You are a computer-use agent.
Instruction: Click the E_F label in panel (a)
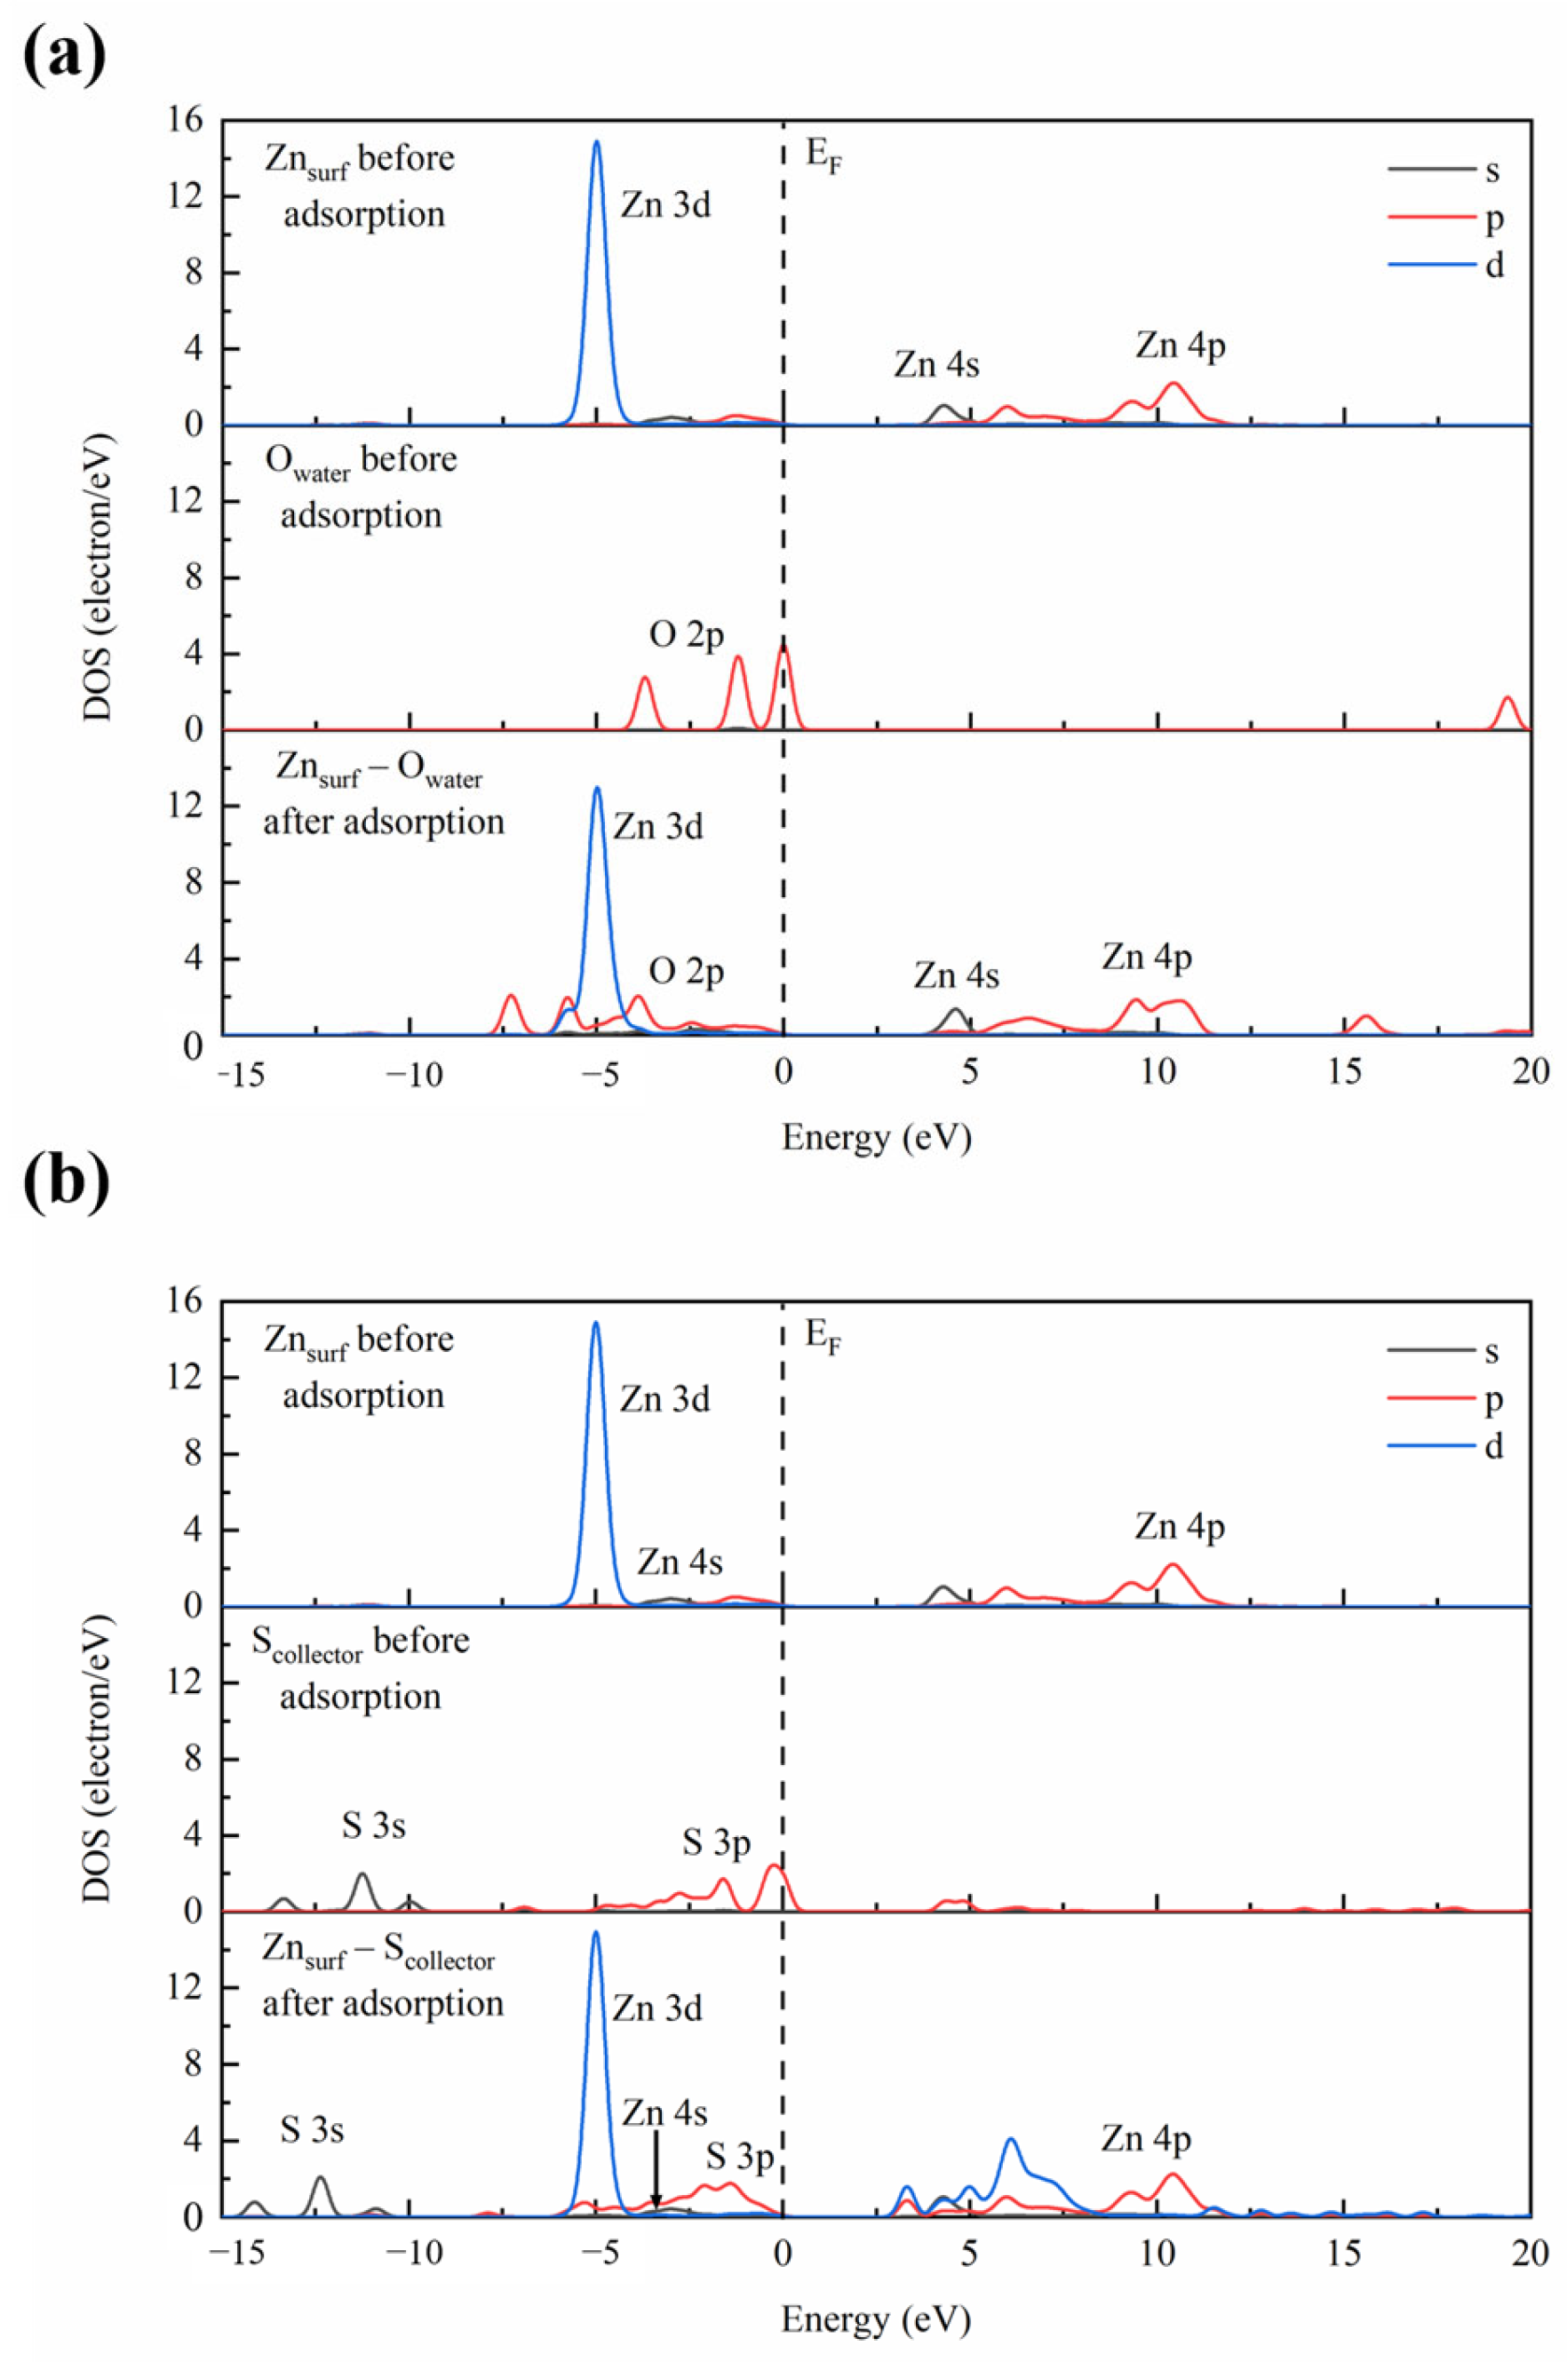(x=823, y=158)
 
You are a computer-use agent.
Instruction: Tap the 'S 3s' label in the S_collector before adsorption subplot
(x=373, y=1826)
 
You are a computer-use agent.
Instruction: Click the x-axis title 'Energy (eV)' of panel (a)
(x=876, y=1137)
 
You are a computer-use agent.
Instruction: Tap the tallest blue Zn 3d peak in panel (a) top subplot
(x=597, y=143)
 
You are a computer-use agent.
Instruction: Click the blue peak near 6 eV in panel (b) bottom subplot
(x=1010, y=2140)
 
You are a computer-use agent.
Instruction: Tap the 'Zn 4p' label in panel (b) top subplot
(x=1180, y=1527)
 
